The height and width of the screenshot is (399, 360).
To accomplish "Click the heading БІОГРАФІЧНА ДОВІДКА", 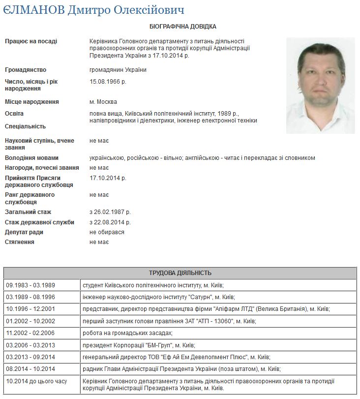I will coord(180,26).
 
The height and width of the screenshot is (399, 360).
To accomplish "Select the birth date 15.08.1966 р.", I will coord(108,82).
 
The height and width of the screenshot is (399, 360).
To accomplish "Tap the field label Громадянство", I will coord(25,70).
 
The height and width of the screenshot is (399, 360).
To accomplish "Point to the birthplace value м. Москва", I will coord(103,102).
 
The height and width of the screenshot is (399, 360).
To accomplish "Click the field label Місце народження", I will coord(32,102).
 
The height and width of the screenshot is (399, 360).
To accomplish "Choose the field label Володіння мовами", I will coord(32,158).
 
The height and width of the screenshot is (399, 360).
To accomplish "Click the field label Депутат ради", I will coord(24,232).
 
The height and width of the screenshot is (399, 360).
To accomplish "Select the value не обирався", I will coord(107,232).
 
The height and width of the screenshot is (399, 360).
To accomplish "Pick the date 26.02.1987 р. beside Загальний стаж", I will coord(110,213).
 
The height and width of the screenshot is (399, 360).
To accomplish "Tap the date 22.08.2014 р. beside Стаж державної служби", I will coord(110,222).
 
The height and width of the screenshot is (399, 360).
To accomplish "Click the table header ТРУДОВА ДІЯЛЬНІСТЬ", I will coord(180,273).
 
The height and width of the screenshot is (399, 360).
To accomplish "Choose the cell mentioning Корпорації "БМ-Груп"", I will coord(143,345).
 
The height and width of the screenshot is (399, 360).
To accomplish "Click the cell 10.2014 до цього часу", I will coord(36,381).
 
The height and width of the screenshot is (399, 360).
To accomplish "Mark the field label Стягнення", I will coord(20,242).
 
